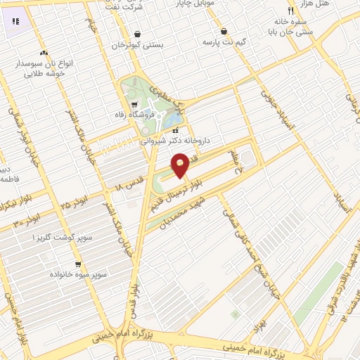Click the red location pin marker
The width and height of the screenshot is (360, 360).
click(181, 165)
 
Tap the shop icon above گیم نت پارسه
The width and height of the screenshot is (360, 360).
click(224, 32)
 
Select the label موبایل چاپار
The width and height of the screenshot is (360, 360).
click(236, 3)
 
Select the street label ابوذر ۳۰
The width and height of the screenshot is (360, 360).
click(27, 222)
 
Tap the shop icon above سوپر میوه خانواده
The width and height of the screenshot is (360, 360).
click(78, 265)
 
